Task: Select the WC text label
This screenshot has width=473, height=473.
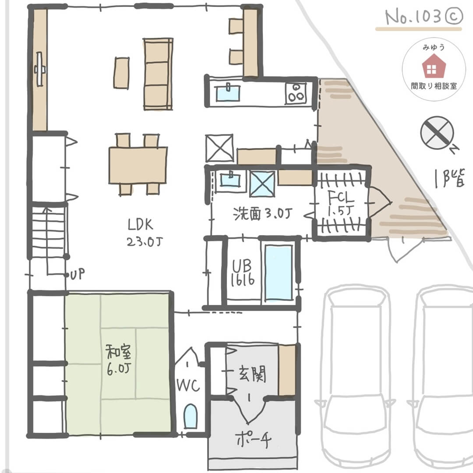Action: click(188, 385)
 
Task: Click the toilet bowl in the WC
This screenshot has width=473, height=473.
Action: click(190, 416)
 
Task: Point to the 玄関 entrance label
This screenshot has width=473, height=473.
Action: click(252, 374)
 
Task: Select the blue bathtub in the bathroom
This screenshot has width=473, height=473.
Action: click(279, 272)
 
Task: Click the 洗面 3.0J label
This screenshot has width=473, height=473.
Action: click(263, 214)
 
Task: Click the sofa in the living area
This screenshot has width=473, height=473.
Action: click(158, 74)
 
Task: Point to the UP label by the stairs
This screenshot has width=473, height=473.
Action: click(78, 275)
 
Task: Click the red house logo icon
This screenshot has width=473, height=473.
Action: click(433, 68)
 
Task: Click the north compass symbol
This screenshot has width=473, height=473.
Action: click(437, 133)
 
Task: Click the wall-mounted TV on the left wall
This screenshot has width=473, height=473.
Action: click(41, 69)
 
